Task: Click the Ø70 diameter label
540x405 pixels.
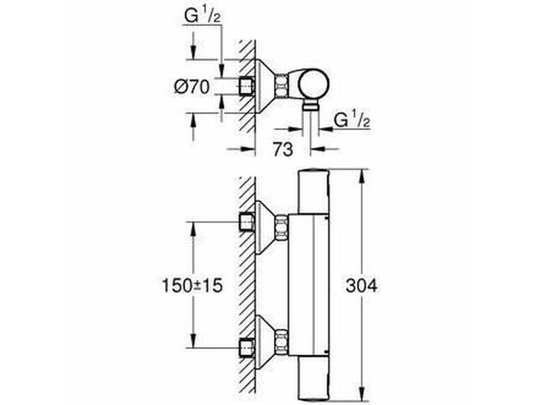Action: click(192, 87)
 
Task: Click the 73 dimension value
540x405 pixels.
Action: click(283, 148)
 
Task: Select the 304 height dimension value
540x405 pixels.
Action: click(362, 286)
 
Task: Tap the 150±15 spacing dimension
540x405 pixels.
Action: click(192, 286)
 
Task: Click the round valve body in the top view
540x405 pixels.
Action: click(313, 84)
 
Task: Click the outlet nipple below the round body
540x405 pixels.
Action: click(311, 106)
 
